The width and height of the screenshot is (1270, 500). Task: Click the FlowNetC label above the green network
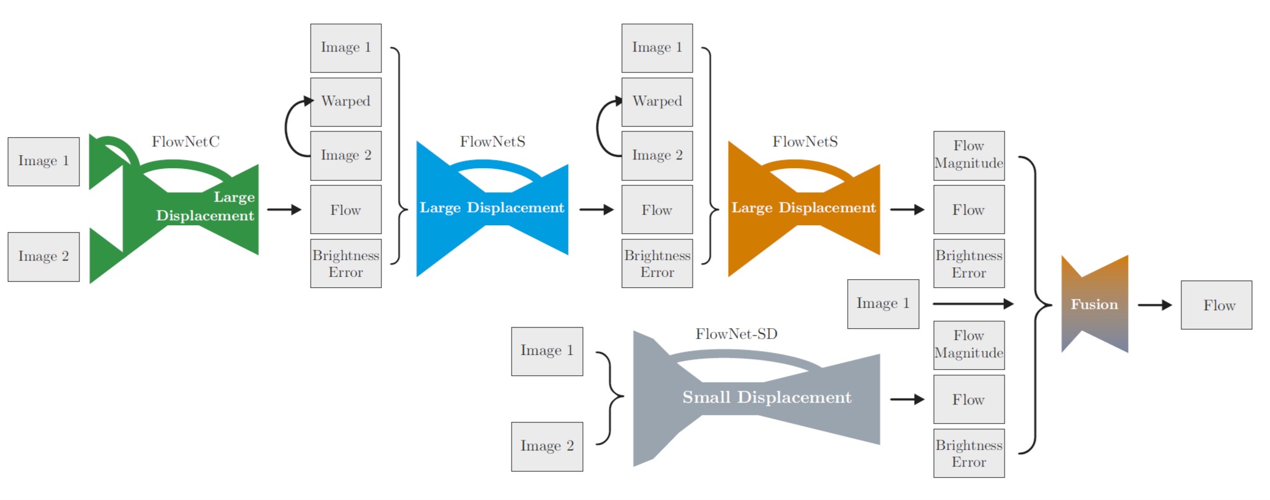pos(185,142)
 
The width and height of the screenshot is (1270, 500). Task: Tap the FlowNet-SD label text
pos(736,334)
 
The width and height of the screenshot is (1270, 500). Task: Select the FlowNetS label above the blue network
pos(492,142)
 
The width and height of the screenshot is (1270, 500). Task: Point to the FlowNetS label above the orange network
pos(805,142)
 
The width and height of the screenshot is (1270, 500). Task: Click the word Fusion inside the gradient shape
pos(1094,305)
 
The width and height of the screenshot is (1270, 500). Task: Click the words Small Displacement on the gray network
pos(766,397)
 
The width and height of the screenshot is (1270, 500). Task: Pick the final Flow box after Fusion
pos(1216,305)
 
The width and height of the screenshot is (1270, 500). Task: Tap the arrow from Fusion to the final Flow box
pos(1155,305)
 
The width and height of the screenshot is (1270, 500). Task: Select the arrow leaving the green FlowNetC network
pos(284,210)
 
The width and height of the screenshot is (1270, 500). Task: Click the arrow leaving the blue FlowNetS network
pos(597,210)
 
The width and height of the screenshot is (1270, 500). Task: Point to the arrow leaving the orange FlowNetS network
pos(907,210)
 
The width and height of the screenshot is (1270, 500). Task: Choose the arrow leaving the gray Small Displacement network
pos(907,400)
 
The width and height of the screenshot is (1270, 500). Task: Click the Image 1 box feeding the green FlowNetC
pos(43,161)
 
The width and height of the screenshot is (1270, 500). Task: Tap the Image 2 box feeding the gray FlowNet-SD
pos(547,447)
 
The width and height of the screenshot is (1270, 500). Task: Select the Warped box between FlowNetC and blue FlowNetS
pos(346,102)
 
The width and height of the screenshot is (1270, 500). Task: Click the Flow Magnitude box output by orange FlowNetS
pos(969,156)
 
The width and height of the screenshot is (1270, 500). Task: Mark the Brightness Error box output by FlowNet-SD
pos(969,453)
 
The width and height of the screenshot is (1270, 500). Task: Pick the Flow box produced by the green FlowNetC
pos(346,210)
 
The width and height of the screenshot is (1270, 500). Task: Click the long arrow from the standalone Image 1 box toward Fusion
pos(973,304)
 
